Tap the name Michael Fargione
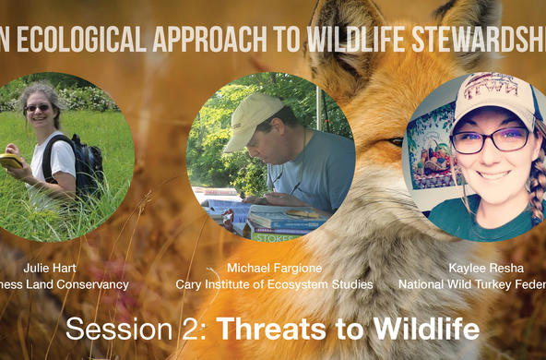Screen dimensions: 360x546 tap(274, 268)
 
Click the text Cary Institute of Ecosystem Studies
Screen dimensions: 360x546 tap(274, 284)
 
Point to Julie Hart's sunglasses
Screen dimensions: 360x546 tap(38, 108)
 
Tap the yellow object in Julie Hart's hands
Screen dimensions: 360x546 tap(11, 161)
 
